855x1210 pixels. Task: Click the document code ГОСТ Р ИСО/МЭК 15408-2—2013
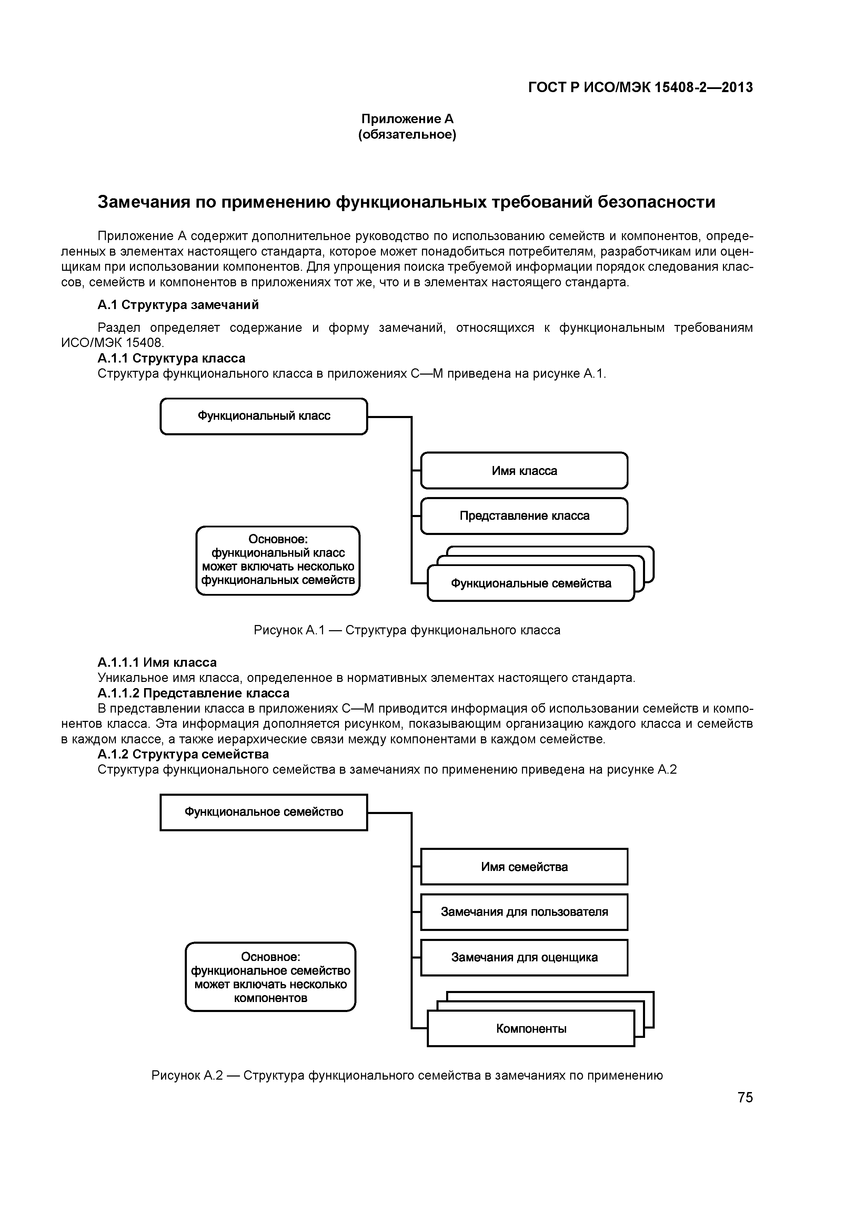[640, 88]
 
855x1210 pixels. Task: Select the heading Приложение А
[407, 119]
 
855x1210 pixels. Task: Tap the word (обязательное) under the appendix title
[407, 135]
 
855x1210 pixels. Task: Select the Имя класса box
[524, 470]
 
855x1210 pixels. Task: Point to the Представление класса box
[524, 516]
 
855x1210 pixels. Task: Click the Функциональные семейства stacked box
[531, 583]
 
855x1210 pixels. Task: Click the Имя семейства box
[524, 867]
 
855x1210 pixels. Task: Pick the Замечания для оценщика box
[524, 958]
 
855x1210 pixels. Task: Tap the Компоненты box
[531, 1029]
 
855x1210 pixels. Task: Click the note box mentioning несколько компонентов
[270, 977]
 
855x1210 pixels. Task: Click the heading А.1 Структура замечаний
[178, 305]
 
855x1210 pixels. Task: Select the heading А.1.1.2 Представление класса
[193, 693]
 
